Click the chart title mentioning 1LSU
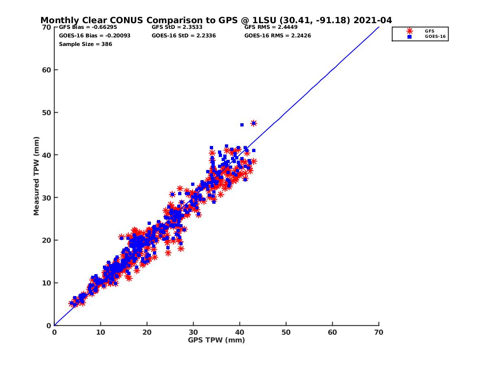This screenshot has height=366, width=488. point(216,20)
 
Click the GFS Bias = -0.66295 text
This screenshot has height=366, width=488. point(88,27)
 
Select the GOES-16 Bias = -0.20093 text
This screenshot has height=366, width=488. point(94,35)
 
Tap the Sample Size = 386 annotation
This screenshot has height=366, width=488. point(85,44)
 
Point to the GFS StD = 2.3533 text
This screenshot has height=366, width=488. point(177,27)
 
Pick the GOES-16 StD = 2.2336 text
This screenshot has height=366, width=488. point(184,35)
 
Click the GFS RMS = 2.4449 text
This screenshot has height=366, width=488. point(271,27)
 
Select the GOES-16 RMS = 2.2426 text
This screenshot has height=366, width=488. point(277,35)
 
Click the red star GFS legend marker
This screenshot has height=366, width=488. point(409,31)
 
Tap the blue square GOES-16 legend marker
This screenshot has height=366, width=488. point(409,37)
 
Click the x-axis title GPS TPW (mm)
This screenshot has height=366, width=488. point(216,340)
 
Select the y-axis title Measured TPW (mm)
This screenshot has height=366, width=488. point(36,176)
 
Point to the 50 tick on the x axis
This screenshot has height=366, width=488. point(286,323)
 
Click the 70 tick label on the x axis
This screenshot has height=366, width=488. point(379,332)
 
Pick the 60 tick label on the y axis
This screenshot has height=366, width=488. point(46,70)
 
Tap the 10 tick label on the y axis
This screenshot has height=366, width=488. point(46,283)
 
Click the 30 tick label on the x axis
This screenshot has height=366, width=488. point(193,332)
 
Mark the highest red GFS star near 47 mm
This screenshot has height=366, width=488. point(254,123)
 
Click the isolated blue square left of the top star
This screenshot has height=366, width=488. point(242,125)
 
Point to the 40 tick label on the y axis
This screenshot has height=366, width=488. point(46,155)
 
